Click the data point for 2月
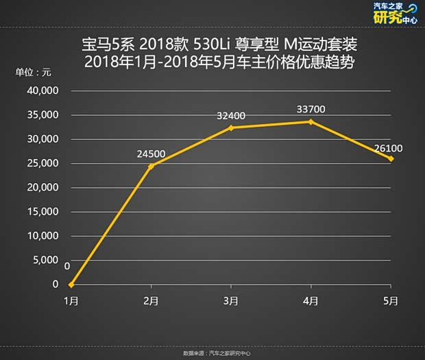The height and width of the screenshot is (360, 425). tap(151, 166)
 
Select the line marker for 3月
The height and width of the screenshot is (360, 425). tap(231, 128)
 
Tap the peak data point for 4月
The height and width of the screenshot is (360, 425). tap(311, 121)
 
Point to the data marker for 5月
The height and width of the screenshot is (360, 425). tap(391, 158)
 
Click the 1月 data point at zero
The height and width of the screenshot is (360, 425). tap(71, 284)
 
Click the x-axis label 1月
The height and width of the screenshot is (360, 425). tap(71, 301)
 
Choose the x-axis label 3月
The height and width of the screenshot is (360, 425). tap(231, 301)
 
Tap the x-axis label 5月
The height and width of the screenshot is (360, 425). tap(391, 301)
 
